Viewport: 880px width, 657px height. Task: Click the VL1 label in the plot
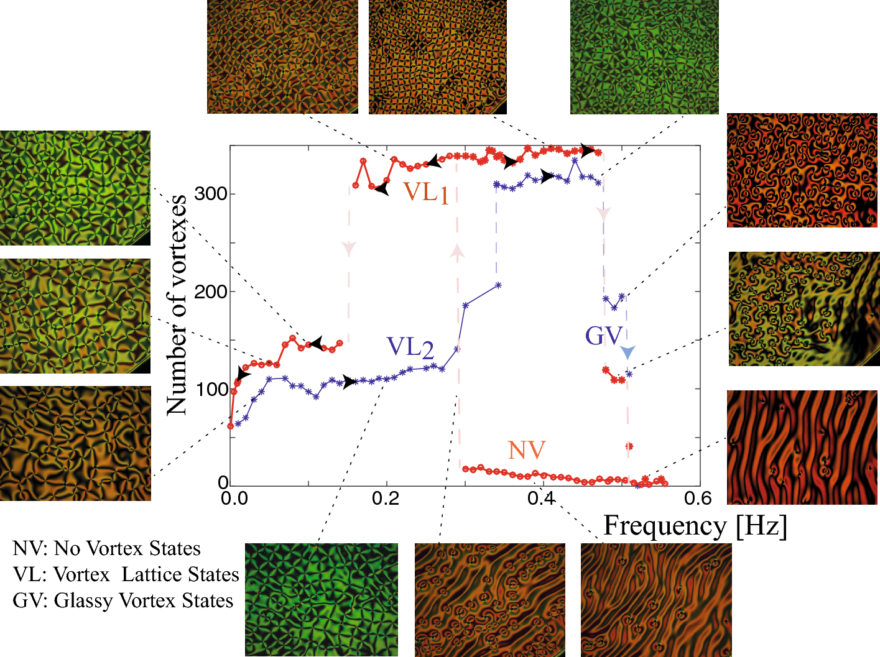[x=426, y=193]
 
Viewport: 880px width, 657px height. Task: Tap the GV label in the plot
[x=603, y=336]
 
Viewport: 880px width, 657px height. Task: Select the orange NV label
[x=526, y=451]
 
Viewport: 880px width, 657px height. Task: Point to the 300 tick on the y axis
[x=210, y=194]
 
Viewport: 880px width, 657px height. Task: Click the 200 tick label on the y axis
[x=210, y=292]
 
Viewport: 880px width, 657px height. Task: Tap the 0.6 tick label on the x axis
[x=698, y=498]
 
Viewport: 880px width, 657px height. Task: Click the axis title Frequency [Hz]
[x=695, y=526]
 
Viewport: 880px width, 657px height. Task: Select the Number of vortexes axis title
[x=177, y=305]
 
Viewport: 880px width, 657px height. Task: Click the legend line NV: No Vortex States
[x=106, y=548]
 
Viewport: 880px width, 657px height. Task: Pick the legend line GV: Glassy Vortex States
[x=123, y=600]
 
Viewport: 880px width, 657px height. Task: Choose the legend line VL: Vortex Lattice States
[x=126, y=574]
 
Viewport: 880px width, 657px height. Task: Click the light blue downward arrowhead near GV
[x=628, y=352]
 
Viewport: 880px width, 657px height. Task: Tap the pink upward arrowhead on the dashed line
[x=457, y=250]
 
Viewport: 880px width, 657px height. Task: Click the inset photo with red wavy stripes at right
[x=802, y=447]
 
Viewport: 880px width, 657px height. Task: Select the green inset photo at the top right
[x=644, y=57]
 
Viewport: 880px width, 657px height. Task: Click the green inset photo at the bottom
[x=322, y=600]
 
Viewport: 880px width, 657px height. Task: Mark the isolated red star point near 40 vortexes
[x=629, y=446]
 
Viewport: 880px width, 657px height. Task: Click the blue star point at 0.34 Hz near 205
[x=498, y=285]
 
